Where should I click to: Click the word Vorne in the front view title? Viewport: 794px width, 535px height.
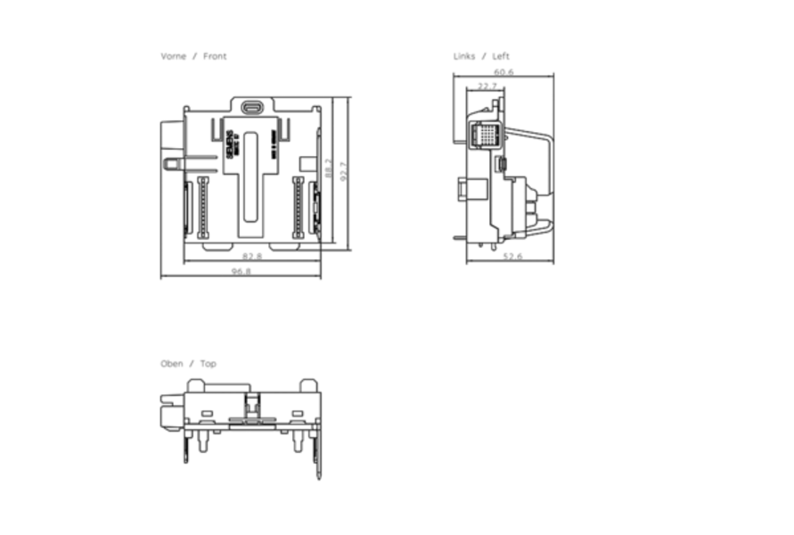[173, 56]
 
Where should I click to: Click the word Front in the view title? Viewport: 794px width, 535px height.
[215, 56]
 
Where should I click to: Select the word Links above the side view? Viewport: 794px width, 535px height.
[463, 56]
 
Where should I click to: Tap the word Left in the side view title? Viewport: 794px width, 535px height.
[501, 56]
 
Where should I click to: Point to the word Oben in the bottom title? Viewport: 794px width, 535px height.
[172, 364]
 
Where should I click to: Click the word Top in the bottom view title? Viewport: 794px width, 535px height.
[208, 364]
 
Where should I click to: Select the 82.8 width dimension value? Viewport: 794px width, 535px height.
[252, 257]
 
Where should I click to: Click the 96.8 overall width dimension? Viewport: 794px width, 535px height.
[241, 271]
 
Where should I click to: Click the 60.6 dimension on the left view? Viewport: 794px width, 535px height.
[503, 71]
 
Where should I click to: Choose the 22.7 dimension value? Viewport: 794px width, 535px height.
[487, 86]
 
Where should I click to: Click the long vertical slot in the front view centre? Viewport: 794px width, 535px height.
[252, 178]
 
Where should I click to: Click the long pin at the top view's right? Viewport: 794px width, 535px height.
[318, 455]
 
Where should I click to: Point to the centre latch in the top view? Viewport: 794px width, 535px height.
[252, 407]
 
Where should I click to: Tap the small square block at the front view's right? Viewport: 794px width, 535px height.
[307, 164]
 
